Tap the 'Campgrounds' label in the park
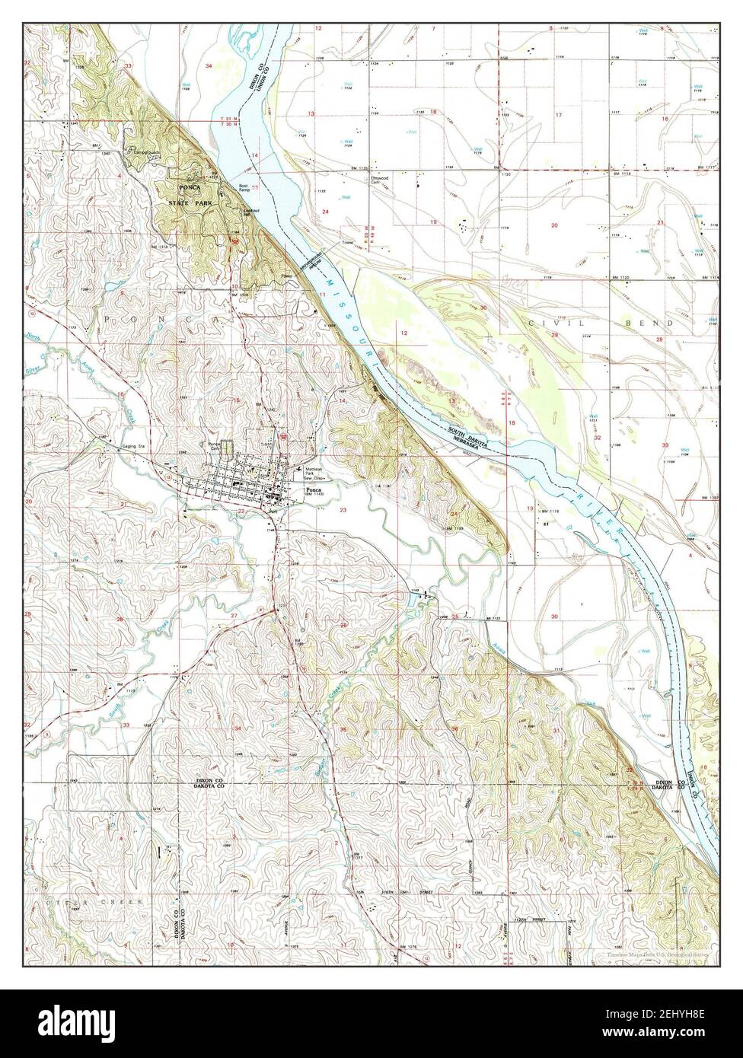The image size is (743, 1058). [142, 151]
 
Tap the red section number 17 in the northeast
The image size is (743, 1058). [558, 116]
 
